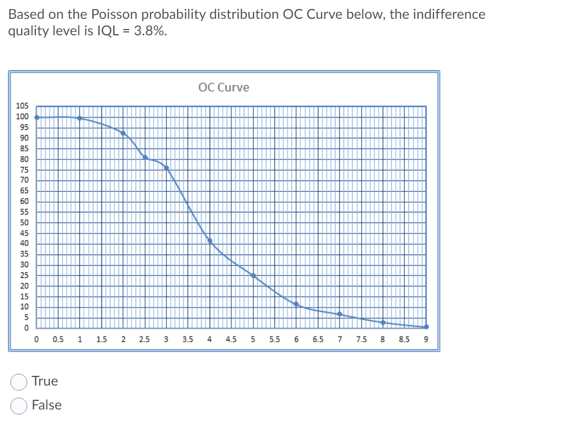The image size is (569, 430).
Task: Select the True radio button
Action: click(x=19, y=382)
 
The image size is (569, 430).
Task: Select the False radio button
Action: click(x=19, y=406)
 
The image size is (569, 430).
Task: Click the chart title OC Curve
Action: click(x=224, y=87)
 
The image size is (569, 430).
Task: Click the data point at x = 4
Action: click(x=210, y=240)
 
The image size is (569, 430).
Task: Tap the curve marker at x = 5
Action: click(x=253, y=276)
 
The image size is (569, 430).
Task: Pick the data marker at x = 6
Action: click(x=296, y=304)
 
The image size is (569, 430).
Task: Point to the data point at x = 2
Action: click(x=123, y=133)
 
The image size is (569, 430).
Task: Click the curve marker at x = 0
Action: click(x=37, y=117)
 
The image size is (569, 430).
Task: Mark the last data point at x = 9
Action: click(x=426, y=327)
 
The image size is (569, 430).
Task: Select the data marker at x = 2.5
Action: click(x=145, y=157)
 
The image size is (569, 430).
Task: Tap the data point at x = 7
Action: click(x=339, y=314)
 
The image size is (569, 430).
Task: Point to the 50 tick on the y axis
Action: click(x=25, y=223)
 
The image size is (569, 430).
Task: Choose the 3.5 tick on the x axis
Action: click(x=188, y=340)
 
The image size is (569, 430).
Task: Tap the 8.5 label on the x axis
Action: click(x=404, y=340)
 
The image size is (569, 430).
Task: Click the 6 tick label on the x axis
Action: click(x=296, y=340)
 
